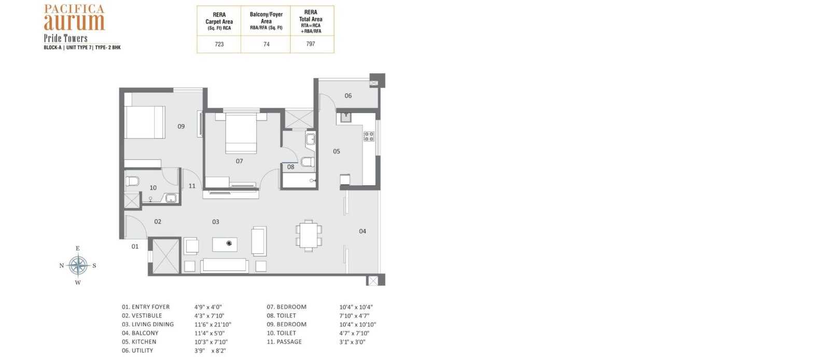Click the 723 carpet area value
(x=219, y=44)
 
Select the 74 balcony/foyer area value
(x=267, y=44)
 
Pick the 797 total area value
(x=311, y=44)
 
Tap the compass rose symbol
(x=78, y=265)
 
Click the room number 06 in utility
(x=348, y=95)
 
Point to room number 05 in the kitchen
(x=336, y=151)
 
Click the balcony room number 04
(x=363, y=231)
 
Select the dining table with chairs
(x=309, y=236)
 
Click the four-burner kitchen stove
(x=369, y=136)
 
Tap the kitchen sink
(x=345, y=117)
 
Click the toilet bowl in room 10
(x=132, y=181)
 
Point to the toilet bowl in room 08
(x=308, y=162)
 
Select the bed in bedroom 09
(x=145, y=122)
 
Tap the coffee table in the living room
(x=225, y=244)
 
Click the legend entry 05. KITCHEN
(x=139, y=341)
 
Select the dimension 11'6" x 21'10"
(x=213, y=324)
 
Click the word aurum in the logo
(x=74, y=21)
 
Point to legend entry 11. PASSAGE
(x=284, y=341)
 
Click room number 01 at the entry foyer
(x=135, y=246)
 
